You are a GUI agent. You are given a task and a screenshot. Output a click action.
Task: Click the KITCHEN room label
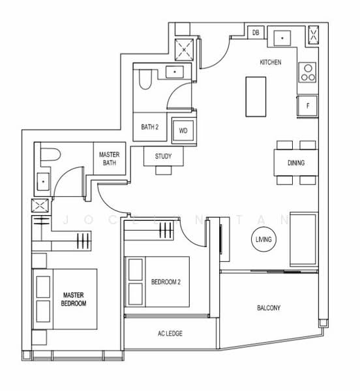coord(270,62)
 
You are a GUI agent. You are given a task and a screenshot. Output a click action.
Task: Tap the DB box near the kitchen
coord(256,33)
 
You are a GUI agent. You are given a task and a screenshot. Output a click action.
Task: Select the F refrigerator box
coord(307,106)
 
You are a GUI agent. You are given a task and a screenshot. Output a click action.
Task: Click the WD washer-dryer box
coord(183,130)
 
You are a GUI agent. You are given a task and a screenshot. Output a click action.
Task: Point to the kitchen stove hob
coord(307,72)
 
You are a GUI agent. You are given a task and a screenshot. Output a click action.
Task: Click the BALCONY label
coord(269,308)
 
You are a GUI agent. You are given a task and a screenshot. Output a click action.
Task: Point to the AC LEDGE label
coord(170,334)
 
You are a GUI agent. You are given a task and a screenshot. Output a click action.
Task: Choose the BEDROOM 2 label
coord(166,282)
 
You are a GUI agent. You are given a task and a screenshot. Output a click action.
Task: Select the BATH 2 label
coord(150,128)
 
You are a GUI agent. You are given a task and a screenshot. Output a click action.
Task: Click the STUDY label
coord(163,156)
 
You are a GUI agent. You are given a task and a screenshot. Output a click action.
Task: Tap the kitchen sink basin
coord(282,38)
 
